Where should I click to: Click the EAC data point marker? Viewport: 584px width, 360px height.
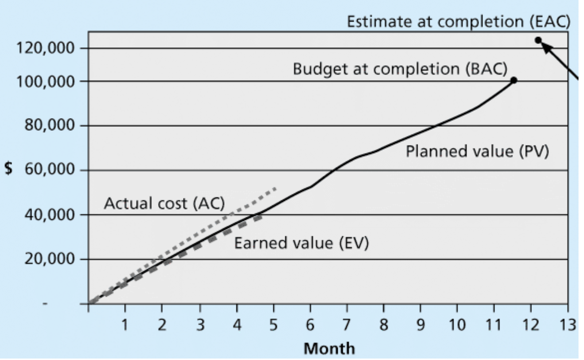tap(538, 40)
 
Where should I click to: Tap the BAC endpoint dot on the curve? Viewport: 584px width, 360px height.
tap(514, 80)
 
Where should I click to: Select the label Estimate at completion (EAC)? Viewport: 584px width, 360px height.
tap(458, 22)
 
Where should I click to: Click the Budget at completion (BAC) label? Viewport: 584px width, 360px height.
tap(400, 69)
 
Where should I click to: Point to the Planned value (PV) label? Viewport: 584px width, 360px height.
tap(477, 151)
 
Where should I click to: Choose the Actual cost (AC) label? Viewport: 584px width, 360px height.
tap(164, 203)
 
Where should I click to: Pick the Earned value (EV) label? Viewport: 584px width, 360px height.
tap(301, 243)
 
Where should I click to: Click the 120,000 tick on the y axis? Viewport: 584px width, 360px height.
tap(45, 48)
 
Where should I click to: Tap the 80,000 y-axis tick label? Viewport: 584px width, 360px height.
tap(50, 125)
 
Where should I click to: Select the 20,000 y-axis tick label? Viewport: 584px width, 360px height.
tap(50, 259)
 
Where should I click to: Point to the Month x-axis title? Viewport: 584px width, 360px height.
tap(329, 348)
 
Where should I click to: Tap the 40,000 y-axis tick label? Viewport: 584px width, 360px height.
tap(50, 215)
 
